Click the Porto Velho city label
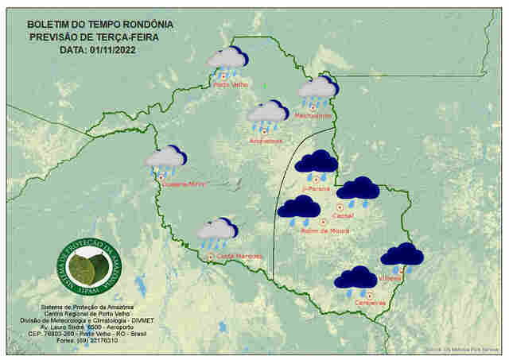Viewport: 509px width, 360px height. (230, 84)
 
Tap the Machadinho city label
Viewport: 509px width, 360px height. (314, 115)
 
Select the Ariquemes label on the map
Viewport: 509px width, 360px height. (266, 141)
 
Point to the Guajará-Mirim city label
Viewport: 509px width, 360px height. (184, 184)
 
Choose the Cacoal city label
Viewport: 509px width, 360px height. (344, 215)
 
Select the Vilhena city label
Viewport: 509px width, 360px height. (390, 279)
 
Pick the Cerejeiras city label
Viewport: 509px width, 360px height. (370, 302)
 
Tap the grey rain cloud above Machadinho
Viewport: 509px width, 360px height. (318, 88)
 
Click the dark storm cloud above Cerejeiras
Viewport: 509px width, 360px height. (355, 279)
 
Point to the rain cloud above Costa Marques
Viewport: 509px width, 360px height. (216, 231)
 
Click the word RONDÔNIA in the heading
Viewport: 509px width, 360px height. (144, 24)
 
